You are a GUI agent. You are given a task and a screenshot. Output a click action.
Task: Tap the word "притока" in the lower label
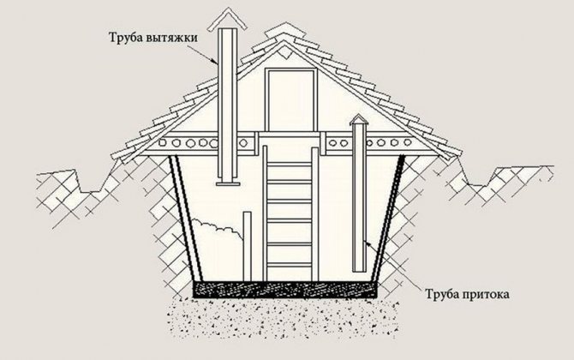(485, 295)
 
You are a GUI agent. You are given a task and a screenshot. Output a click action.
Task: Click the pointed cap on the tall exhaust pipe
(227, 20)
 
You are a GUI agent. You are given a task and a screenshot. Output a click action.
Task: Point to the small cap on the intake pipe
(359, 120)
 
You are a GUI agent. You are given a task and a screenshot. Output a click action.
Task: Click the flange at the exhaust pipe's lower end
(228, 183)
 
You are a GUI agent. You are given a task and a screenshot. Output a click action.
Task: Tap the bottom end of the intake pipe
(359, 270)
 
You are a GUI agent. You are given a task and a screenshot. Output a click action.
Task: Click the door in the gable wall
(290, 99)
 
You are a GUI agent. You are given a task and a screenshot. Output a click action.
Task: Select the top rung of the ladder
(290, 165)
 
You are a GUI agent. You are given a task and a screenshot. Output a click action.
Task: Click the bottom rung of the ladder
(290, 264)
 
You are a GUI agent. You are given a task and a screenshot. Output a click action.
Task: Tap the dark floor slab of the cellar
(285, 289)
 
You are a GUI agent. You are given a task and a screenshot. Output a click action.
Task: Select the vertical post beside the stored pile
(248, 246)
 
